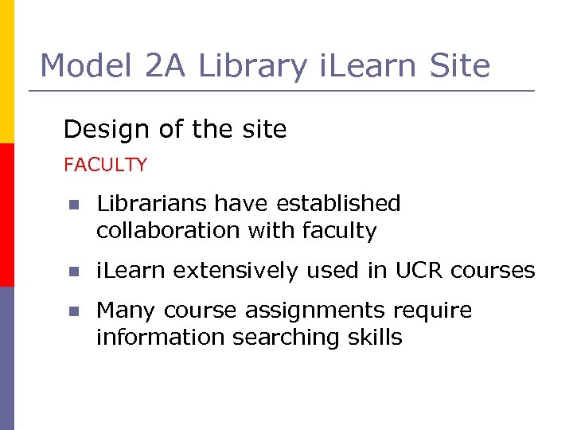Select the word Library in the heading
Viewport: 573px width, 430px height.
coord(252,65)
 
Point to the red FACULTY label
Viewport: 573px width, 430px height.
coord(105,165)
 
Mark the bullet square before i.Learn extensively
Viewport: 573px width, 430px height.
coord(73,272)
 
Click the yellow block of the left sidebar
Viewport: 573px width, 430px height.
coord(6,72)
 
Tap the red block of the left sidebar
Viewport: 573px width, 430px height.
coord(6,215)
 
